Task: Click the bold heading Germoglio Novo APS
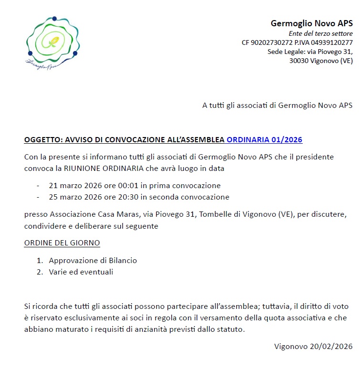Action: pos(311,23)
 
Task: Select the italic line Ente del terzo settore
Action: pos(320,33)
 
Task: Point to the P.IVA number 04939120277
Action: pos(331,42)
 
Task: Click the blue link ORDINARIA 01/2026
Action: pos(264,140)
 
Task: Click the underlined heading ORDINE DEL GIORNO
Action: pos(62,243)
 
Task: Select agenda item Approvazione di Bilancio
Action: pos(93,261)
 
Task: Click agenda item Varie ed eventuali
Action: pos(81,272)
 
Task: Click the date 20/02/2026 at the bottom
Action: pos(333,347)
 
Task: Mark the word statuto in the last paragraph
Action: pos(232,329)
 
